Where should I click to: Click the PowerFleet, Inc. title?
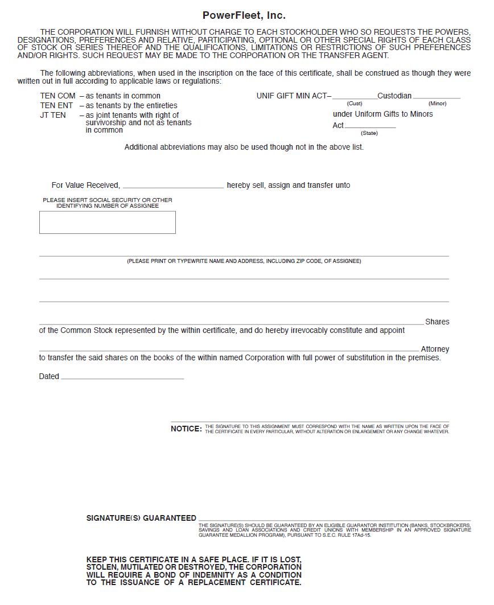(244, 15)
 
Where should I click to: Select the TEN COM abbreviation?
(57, 96)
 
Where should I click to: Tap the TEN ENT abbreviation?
(56, 106)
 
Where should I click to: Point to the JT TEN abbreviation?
(53, 116)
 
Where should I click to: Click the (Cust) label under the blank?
(355, 104)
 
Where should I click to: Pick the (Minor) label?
(437, 104)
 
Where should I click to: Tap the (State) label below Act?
(369, 133)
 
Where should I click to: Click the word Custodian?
(394, 96)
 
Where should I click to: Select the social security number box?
(107, 223)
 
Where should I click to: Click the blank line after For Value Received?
(173, 186)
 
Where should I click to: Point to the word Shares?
(437, 322)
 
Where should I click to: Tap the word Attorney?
(435, 349)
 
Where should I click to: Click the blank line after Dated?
(122, 377)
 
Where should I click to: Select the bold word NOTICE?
(186, 429)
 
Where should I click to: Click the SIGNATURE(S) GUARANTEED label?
(141, 518)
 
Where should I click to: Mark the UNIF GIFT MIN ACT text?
(293, 96)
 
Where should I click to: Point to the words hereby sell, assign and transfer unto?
(289, 186)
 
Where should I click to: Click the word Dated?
(49, 377)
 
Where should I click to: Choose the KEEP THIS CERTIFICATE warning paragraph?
(194, 571)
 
